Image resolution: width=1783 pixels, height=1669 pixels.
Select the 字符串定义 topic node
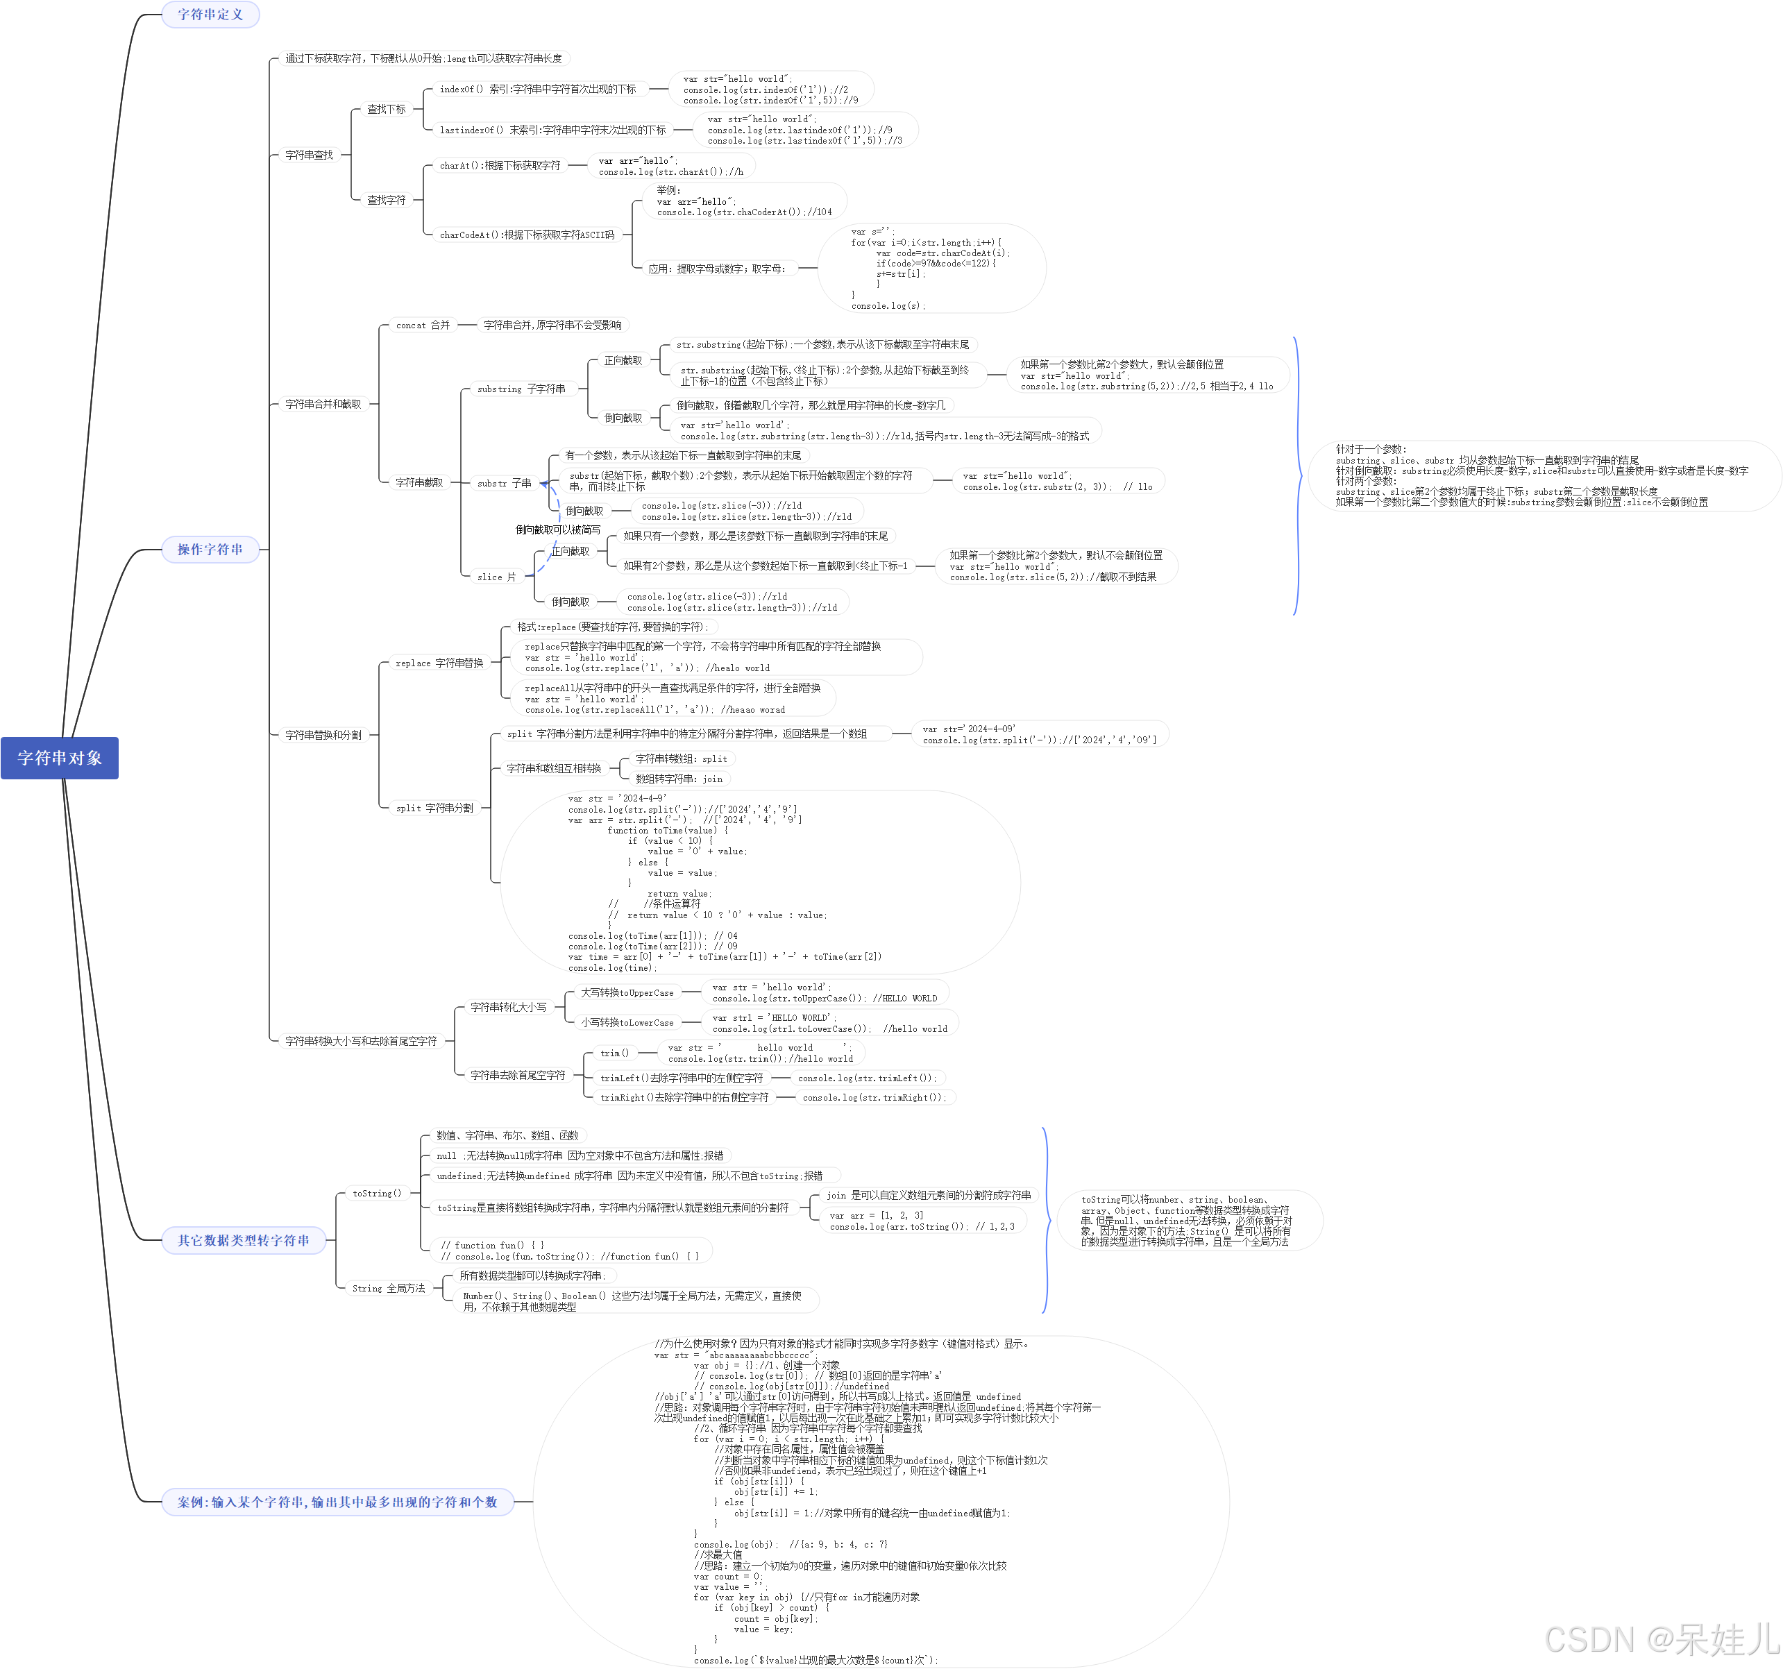(210, 15)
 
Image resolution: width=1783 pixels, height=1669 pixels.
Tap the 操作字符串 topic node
(210, 549)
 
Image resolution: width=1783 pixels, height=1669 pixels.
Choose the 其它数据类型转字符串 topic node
(243, 1240)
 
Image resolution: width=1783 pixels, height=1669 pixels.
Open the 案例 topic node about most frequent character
(337, 1501)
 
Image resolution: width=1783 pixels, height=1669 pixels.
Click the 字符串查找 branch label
(309, 155)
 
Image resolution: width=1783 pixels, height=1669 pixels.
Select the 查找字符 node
(386, 200)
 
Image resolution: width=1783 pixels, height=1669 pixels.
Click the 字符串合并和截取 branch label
(323, 405)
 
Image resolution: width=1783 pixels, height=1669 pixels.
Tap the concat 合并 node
(423, 325)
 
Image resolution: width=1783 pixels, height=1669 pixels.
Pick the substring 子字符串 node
(521, 389)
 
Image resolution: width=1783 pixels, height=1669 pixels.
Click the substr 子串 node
(504, 484)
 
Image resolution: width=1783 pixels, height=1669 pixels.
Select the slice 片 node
(496, 577)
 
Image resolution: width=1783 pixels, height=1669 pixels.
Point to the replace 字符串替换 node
(439, 663)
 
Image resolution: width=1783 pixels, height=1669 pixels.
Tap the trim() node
(614, 1053)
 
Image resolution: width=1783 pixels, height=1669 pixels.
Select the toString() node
(377, 1194)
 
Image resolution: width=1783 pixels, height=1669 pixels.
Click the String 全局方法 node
(389, 1289)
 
